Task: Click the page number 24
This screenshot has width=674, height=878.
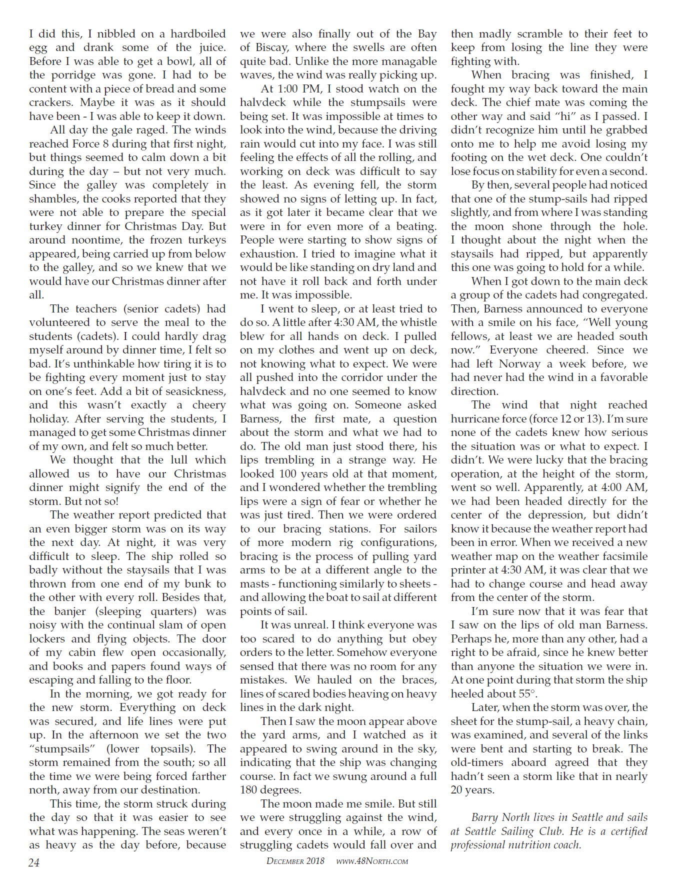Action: (34, 862)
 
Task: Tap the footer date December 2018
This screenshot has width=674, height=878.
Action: (295, 861)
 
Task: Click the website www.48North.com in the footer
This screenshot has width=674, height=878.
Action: (372, 861)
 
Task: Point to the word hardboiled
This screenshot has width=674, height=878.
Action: (198, 34)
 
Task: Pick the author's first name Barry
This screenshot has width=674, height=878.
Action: (484, 817)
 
